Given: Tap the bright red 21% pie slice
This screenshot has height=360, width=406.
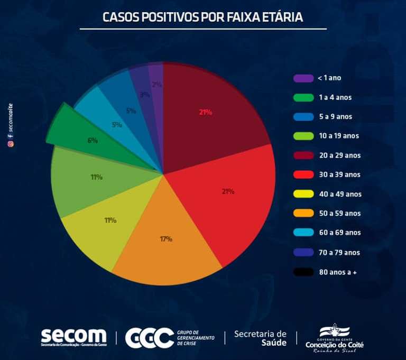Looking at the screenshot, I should point(233,196).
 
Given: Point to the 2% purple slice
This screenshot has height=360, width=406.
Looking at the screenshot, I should point(156,90).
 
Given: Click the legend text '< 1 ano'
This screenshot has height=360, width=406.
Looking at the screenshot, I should point(329,78).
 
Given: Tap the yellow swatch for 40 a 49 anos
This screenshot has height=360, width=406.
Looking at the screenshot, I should point(303,194).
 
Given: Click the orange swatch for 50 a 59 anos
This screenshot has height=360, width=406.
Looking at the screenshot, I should point(303,214).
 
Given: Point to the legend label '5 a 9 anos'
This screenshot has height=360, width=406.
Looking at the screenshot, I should point(335,116).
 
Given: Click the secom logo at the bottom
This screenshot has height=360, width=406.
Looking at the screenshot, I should point(73,337).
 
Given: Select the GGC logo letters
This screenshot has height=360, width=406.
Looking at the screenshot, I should point(149,337).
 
